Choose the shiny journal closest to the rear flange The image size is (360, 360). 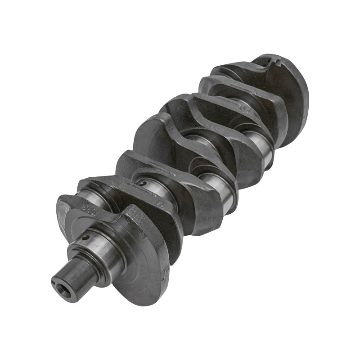coord(261,144)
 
